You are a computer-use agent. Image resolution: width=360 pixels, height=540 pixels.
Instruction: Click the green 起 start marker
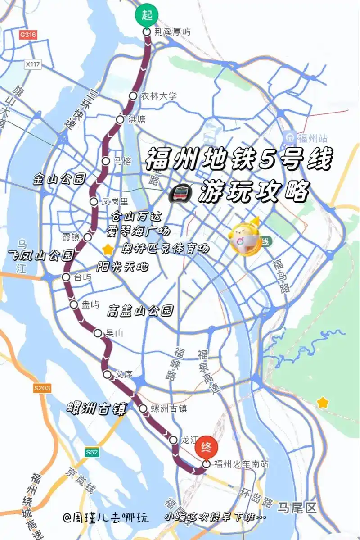147,15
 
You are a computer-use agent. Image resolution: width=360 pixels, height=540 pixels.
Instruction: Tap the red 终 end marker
206,447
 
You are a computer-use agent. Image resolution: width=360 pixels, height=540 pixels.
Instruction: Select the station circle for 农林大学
133,95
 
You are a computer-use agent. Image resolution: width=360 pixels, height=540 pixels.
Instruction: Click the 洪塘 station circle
120,119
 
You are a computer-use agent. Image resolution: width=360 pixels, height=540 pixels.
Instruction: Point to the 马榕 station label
122,161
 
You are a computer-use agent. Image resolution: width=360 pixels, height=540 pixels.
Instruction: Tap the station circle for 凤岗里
93,201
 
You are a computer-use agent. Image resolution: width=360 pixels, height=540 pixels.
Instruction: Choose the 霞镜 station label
71,237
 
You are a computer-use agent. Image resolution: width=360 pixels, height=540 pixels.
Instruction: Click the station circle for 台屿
66,277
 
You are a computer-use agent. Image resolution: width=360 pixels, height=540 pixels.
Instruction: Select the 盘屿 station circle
74,305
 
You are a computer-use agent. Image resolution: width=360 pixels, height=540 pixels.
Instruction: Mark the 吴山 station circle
98,333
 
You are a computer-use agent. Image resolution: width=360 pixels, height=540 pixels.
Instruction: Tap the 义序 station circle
107,374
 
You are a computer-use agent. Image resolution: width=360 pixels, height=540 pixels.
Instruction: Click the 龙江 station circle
173,440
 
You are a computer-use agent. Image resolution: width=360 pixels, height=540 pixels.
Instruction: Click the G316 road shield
28,35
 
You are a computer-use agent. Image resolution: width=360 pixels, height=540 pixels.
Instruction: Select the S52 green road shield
92,452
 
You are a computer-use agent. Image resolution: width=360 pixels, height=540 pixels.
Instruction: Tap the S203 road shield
42,388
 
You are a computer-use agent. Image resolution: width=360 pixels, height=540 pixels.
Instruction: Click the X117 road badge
33,64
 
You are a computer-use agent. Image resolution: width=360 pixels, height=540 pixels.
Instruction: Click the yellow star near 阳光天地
108,249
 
